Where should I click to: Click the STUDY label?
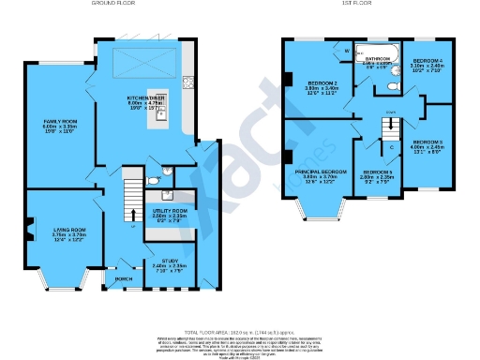[170, 262]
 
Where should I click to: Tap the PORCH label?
[123, 278]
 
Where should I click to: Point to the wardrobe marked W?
[347, 51]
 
